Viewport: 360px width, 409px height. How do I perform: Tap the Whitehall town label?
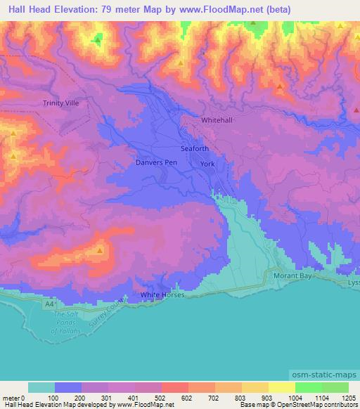(216, 120)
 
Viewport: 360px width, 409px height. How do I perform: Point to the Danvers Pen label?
(155, 162)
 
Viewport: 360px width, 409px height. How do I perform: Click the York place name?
(207, 164)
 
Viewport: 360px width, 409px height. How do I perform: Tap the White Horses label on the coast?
(162, 295)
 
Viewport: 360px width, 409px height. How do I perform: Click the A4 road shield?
(46, 303)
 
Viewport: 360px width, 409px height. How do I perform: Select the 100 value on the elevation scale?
(53, 397)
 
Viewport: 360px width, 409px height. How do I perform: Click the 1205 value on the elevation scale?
(349, 397)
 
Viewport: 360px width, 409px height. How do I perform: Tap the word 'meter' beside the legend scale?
(12, 397)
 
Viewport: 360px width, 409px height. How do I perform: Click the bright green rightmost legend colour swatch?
(335, 387)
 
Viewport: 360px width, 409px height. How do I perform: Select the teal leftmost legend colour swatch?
(41, 387)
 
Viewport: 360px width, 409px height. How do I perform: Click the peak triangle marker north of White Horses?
(101, 249)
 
